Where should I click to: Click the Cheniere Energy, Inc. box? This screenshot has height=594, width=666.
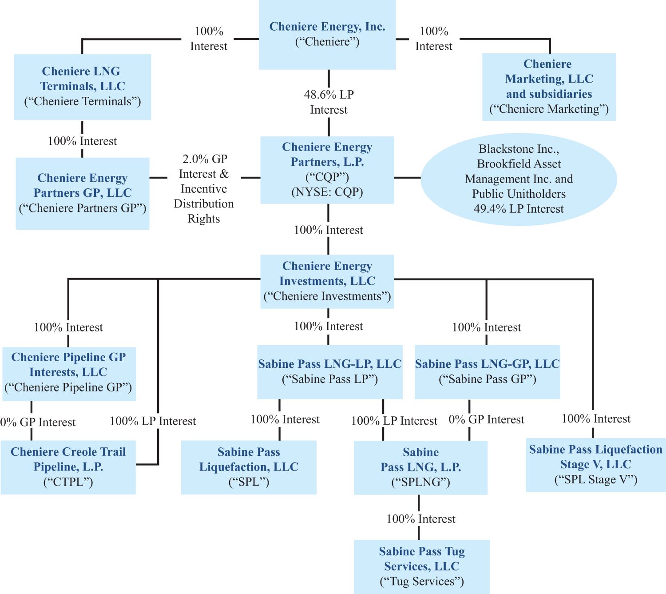pos(327,35)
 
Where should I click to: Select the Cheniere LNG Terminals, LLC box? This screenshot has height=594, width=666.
pos(83,87)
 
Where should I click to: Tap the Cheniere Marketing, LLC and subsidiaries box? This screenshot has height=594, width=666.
pos(549,87)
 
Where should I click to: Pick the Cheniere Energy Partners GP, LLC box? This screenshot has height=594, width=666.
pos(83,193)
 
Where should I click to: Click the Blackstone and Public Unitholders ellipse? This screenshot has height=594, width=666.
pos(519,179)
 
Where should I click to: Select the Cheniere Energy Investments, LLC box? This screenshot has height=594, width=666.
pos(327,282)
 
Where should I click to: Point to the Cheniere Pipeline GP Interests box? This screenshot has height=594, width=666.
pos(69,374)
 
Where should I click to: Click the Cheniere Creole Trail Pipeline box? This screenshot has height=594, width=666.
pos(68,467)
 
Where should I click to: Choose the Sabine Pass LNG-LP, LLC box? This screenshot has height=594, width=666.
pos(330,372)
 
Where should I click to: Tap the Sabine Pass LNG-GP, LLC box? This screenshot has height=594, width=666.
pos(488,372)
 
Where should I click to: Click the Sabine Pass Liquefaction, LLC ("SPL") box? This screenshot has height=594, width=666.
pos(249,467)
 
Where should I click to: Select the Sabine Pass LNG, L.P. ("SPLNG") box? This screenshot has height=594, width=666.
pos(420,468)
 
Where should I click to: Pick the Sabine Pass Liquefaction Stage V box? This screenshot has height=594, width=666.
pos(596,465)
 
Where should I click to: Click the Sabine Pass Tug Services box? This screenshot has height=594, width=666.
pos(422,567)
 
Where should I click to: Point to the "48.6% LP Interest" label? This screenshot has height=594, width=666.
pos(329,102)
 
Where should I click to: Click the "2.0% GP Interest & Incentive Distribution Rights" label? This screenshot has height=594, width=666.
pos(204,189)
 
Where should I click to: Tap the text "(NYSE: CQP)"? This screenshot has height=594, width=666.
pos(327,192)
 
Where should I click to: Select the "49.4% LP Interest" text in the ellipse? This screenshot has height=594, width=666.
pos(519,209)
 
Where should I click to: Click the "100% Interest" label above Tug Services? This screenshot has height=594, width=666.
pos(421,518)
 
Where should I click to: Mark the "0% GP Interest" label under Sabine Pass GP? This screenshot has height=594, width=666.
pos(487,419)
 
